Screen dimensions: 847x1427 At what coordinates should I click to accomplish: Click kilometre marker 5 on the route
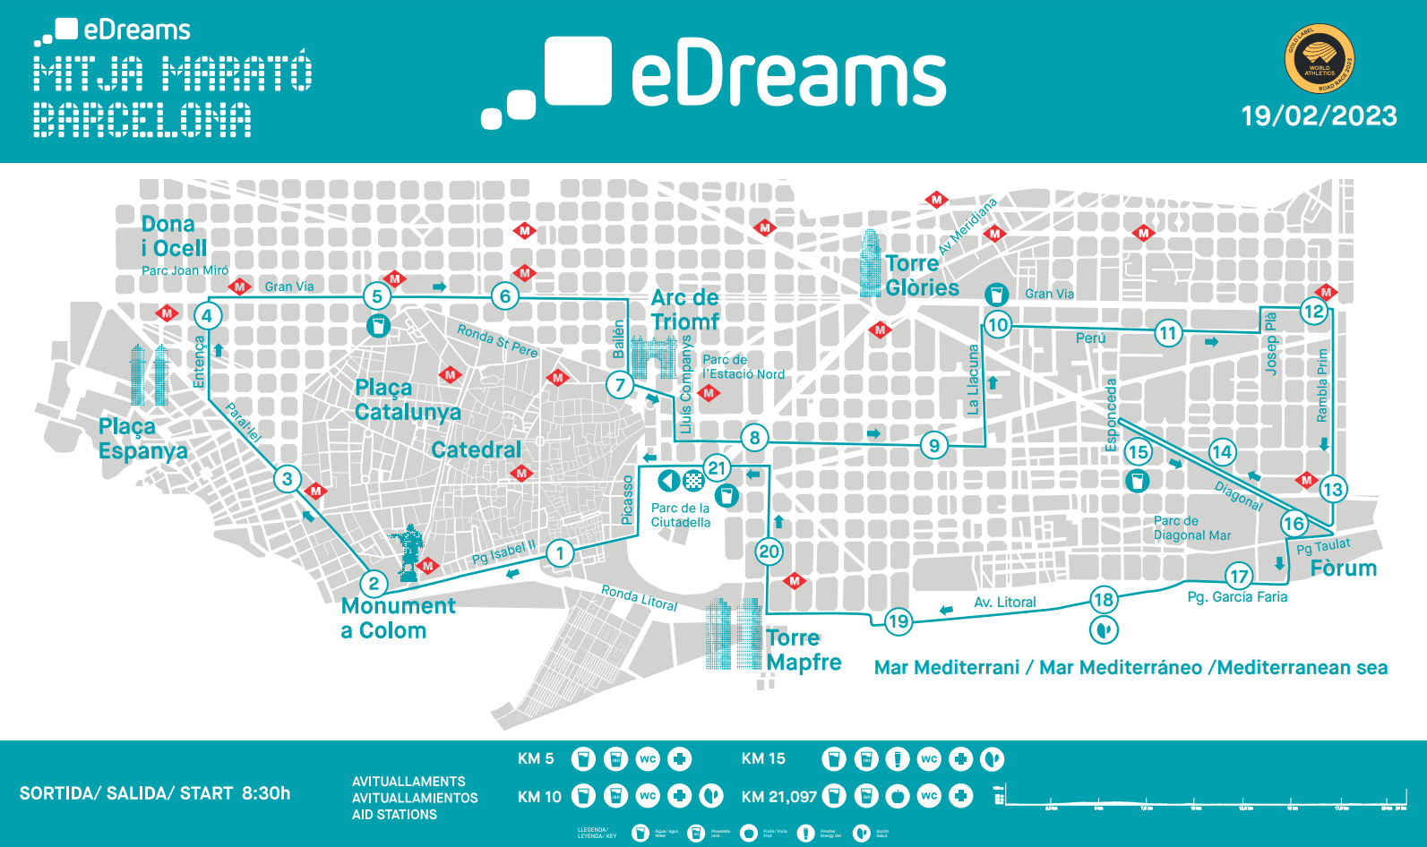coord(377,296)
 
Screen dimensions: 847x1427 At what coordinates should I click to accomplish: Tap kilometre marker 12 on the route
coord(1313,312)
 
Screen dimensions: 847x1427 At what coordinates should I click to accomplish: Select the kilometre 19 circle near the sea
coord(898,621)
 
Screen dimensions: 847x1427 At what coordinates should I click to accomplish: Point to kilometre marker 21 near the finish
coord(717,467)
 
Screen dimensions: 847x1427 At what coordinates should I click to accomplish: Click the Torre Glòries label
coord(922,276)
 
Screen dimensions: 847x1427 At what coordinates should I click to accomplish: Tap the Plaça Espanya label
coord(143,439)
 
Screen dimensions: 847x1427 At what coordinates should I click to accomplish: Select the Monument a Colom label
coord(398,618)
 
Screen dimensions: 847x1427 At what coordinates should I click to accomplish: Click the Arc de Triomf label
coord(685,310)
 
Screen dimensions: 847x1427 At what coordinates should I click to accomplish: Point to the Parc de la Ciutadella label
coord(681,515)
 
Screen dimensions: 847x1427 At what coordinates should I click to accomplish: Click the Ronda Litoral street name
coord(639,597)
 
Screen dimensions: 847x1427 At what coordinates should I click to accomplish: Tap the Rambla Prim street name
coord(1322,385)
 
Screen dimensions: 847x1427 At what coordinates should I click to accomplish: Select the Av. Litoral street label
coord(1004,603)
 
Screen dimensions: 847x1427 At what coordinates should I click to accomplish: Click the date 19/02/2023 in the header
coord(1319,116)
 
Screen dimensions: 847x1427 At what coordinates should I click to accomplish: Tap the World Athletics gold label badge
coord(1320,59)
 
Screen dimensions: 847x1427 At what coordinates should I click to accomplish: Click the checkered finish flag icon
coord(693,481)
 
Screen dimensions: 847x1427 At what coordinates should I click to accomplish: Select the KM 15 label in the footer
coord(763,759)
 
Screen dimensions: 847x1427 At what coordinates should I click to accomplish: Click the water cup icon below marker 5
coord(378,326)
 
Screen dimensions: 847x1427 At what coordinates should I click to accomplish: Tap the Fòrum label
coord(1343,569)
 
